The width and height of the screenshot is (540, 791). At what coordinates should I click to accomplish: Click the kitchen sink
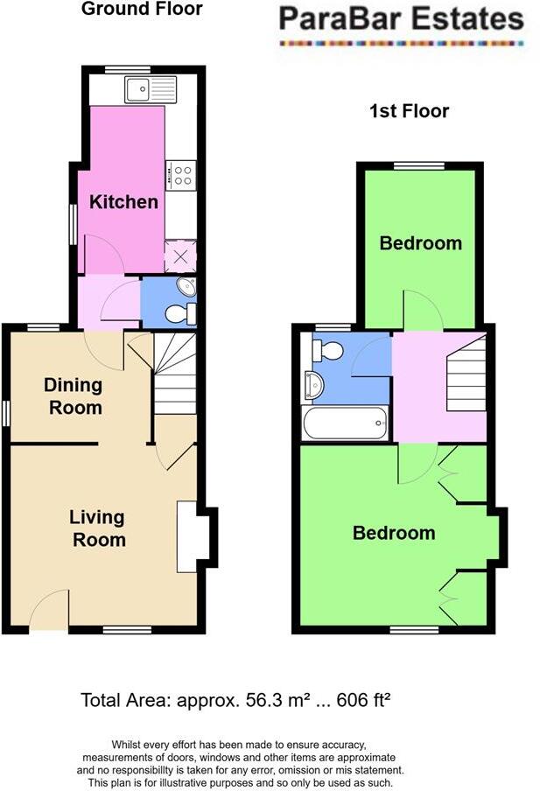tap(150, 89)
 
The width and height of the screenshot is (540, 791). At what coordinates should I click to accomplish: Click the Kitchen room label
tap(124, 202)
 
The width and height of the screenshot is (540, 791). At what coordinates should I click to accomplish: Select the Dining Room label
tap(74, 396)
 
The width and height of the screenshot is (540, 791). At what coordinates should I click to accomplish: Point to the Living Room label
tap(98, 528)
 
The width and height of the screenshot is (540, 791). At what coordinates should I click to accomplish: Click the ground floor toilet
tap(179, 314)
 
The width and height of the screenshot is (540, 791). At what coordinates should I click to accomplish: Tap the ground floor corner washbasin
tap(186, 288)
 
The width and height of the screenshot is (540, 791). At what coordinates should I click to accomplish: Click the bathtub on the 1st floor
tap(344, 424)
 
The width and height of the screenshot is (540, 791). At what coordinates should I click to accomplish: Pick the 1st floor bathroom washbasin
tap(313, 384)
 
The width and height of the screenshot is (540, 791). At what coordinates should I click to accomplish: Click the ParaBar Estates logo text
tap(402, 19)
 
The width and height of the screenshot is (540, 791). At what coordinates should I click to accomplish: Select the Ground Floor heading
tap(142, 10)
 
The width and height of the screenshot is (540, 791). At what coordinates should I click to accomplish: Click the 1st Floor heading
tap(410, 111)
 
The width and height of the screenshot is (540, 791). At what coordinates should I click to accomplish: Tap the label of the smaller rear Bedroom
tap(420, 243)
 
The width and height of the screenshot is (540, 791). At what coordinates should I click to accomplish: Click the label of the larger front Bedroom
tap(394, 533)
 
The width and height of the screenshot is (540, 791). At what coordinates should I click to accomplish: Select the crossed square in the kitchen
tap(181, 257)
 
